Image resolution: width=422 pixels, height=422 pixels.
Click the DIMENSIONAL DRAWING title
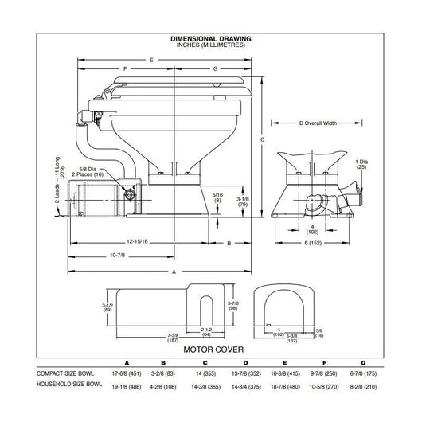(x=211, y=38)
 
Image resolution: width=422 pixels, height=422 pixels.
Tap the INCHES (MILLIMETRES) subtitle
(x=211, y=45)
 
